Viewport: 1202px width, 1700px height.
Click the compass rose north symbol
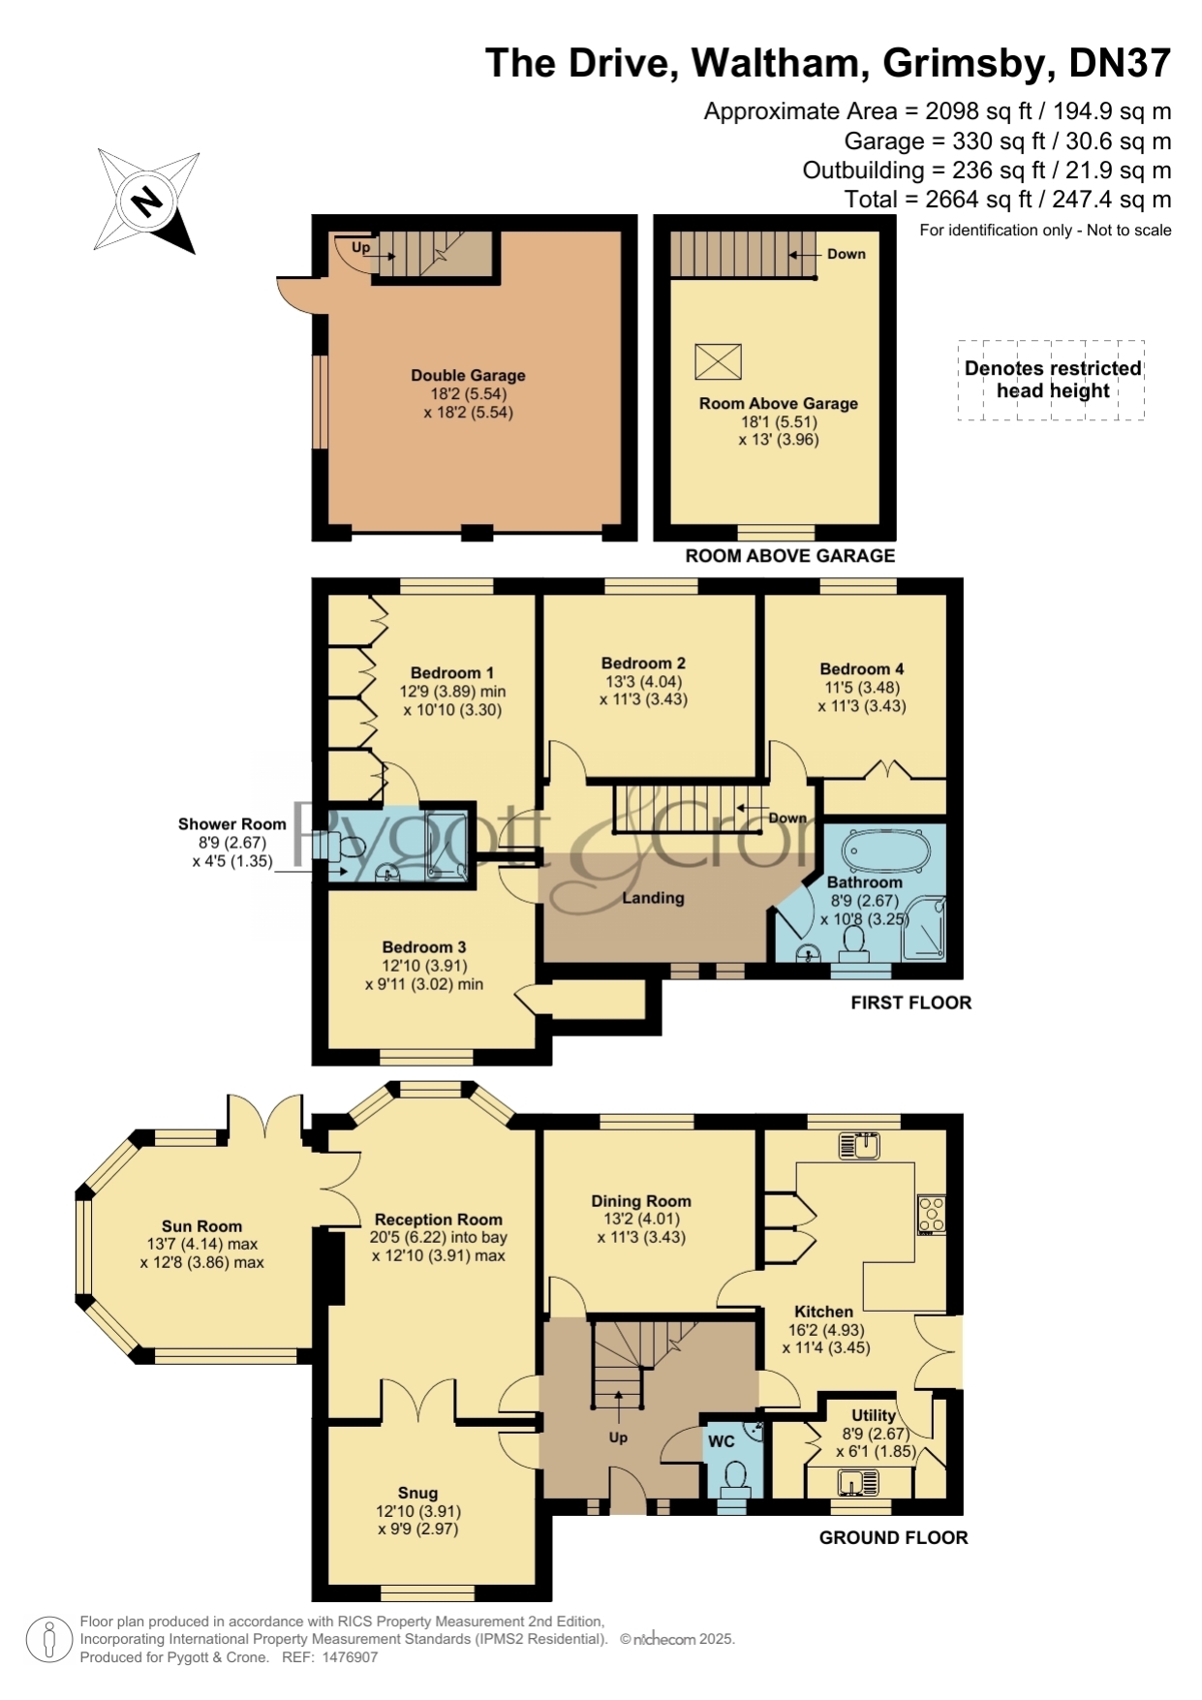click(147, 201)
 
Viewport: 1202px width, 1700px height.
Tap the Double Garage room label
click(468, 376)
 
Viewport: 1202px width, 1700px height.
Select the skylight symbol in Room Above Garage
click(718, 362)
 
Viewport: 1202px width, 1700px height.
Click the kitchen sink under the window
click(859, 1145)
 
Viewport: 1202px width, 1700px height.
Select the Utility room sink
click(858, 1482)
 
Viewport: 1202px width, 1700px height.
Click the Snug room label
click(417, 1493)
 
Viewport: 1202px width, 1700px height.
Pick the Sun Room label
click(201, 1226)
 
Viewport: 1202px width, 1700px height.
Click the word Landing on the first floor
click(653, 898)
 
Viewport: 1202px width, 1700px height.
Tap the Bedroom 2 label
click(643, 664)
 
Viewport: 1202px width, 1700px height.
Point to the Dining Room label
click(641, 1201)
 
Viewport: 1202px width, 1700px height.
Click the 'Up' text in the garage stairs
click(360, 247)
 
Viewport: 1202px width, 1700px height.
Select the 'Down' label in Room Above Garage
click(846, 254)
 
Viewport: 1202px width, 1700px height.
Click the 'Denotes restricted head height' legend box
click(1052, 380)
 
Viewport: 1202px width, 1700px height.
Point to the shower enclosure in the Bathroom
click(924, 928)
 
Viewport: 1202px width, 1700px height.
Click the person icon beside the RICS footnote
click(48, 1640)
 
